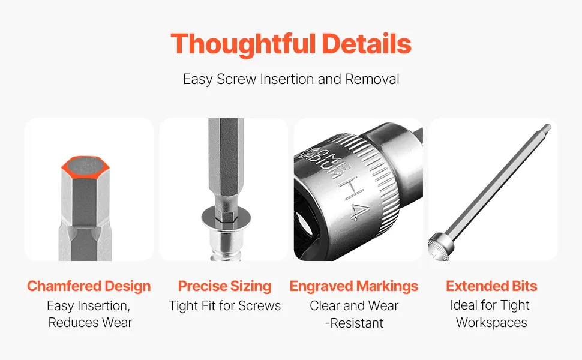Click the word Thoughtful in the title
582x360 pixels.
(243, 44)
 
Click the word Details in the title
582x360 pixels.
(367, 44)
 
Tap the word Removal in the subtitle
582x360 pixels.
(372, 79)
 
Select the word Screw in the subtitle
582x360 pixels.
(236, 79)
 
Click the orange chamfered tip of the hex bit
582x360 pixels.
(85, 166)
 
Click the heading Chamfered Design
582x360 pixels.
(89, 286)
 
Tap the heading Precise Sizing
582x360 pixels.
(224, 286)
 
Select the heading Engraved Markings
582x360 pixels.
(354, 286)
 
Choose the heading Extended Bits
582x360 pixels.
(491, 286)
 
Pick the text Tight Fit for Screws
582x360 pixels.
(224, 306)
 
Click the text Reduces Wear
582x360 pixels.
(90, 323)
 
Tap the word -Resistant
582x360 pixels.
(354, 323)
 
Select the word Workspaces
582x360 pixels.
(491, 323)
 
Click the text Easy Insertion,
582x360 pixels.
(88, 306)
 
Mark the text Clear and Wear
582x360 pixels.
(354, 306)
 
